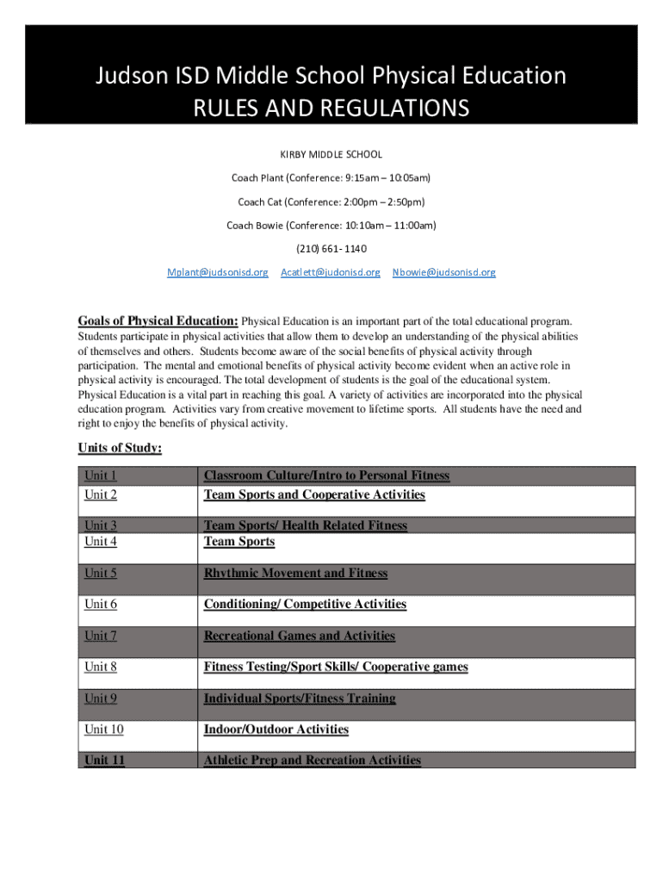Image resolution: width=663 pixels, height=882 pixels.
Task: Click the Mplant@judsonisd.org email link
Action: (217, 272)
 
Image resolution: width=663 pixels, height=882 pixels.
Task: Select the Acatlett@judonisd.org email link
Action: (330, 272)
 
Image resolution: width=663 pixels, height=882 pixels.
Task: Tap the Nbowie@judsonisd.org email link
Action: (443, 272)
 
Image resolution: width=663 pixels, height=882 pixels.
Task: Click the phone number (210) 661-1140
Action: (331, 249)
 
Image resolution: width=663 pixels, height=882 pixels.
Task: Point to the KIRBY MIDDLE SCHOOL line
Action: (331, 155)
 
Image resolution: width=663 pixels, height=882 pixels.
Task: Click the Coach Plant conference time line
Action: (331, 178)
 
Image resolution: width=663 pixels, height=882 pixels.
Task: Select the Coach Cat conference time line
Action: (331, 202)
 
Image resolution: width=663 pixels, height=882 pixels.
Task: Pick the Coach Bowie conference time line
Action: (331, 226)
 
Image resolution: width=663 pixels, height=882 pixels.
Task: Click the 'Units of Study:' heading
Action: (120, 448)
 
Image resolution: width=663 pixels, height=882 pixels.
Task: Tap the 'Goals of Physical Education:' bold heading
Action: (158, 321)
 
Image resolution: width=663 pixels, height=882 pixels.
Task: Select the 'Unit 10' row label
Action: (103, 730)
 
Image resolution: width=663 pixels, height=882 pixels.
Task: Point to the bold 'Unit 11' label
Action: (104, 760)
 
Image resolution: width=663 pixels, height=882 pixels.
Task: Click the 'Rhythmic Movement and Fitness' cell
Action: (295, 573)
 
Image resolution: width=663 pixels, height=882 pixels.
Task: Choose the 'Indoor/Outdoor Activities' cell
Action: (276, 730)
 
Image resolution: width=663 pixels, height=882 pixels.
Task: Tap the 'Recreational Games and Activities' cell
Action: (299, 636)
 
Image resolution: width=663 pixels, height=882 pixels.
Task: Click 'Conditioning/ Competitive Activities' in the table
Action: (305, 604)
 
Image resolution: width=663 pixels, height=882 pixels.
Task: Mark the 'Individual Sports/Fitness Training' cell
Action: (300, 698)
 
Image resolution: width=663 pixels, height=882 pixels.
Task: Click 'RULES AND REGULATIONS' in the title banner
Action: (331, 109)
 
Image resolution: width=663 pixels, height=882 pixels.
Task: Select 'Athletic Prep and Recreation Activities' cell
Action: (312, 760)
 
